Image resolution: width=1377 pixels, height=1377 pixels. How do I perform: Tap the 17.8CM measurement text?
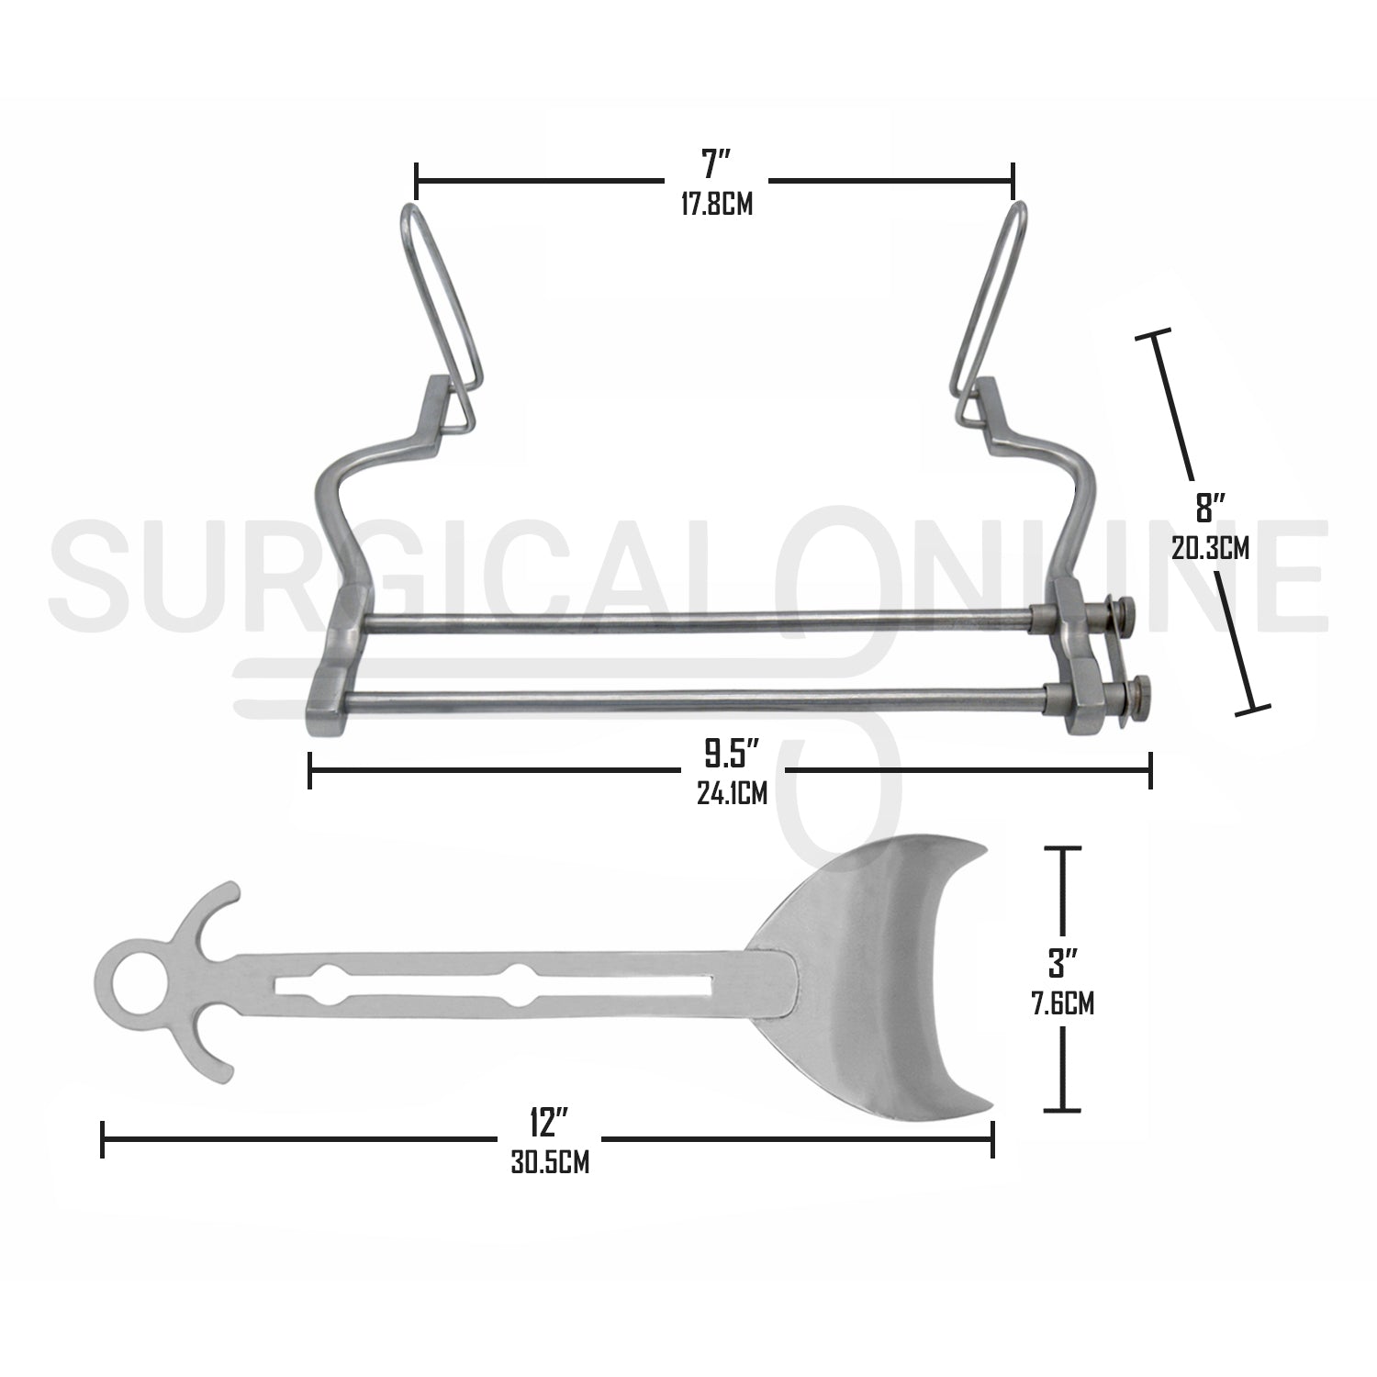click(x=716, y=204)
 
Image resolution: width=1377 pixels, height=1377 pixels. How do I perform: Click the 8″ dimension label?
click(x=1209, y=509)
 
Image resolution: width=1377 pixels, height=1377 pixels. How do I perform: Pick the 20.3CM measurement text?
click(x=1210, y=548)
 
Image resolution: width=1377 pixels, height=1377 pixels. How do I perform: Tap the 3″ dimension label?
click(x=1063, y=964)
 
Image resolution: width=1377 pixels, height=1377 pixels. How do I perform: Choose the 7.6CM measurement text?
click(x=1063, y=1003)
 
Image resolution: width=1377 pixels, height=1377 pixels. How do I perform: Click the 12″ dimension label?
click(x=549, y=1124)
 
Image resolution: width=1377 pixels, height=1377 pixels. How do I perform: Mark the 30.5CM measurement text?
click(x=549, y=1163)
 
